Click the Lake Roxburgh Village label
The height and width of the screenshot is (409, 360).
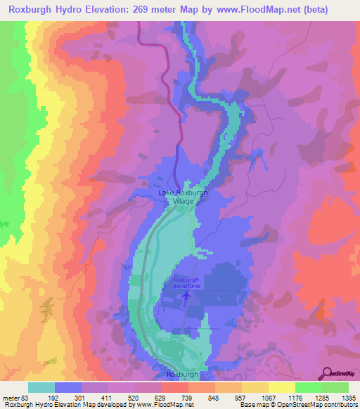tap(183, 196)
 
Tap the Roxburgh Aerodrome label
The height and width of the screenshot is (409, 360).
tap(186, 283)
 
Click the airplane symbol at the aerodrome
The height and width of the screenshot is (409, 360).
tap(186, 295)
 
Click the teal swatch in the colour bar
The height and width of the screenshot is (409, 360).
tap(41, 387)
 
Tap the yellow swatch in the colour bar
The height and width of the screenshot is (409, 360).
tap(281, 387)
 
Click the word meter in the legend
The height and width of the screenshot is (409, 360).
tap(13, 397)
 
